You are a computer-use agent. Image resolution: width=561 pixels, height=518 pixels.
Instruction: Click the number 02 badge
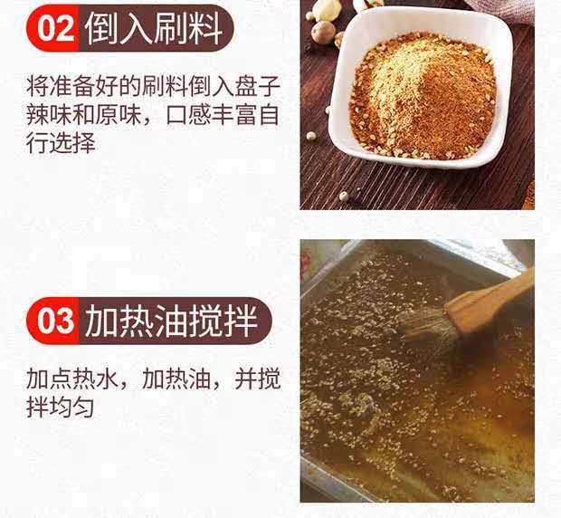coord(53,28)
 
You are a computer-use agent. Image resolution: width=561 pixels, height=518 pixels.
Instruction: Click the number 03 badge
coord(53,321)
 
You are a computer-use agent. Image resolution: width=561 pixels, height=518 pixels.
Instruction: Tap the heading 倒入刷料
coord(154,29)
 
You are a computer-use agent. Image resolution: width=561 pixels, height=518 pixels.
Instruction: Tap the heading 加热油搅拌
coord(171,321)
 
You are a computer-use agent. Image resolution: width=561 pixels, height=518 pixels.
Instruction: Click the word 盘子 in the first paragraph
coord(257,86)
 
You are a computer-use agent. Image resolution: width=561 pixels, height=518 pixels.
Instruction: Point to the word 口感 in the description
coord(188,114)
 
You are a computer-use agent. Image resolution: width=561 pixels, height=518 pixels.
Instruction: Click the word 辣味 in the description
coord(49,114)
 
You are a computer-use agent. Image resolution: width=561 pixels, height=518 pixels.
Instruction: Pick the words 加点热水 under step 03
coord(71,378)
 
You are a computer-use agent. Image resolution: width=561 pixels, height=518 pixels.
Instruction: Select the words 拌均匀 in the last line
coord(60,407)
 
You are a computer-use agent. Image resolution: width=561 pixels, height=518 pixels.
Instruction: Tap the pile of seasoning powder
coord(423,95)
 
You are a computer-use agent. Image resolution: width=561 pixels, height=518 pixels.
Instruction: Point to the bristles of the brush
coord(426,328)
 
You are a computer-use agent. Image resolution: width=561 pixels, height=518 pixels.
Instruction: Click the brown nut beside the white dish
coord(323,32)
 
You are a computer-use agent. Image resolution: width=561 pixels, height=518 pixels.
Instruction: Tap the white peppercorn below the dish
coord(344,196)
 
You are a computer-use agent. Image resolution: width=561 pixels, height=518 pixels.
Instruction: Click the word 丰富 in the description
coord(234,114)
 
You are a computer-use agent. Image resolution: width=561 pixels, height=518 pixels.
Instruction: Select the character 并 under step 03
coord(246,378)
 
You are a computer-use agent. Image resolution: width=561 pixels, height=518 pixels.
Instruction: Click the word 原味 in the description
coord(118,114)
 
